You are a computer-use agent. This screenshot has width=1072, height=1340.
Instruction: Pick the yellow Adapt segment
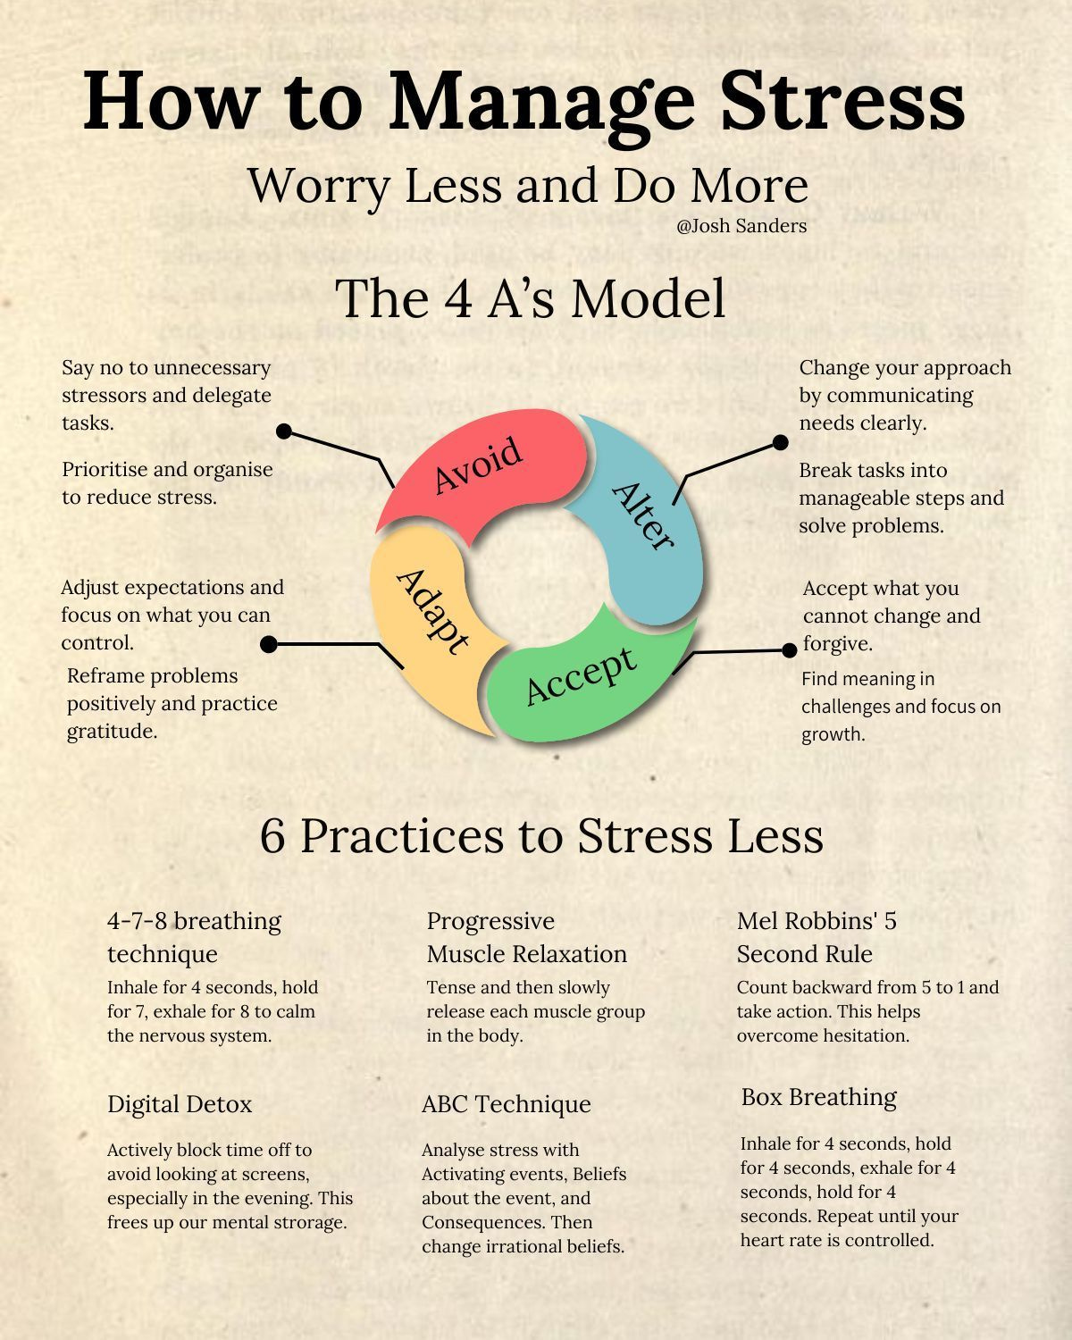[429, 616]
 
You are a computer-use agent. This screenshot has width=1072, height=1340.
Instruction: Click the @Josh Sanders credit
[741, 226]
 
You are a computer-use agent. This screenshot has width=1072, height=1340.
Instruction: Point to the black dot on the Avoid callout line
[284, 431]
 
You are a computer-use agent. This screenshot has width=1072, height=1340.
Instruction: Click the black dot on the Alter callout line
[780, 442]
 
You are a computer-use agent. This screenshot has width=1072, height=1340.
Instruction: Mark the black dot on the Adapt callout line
[268, 644]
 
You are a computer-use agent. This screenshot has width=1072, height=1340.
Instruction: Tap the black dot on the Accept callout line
[789, 650]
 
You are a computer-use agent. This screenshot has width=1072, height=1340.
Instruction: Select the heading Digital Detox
[180, 1104]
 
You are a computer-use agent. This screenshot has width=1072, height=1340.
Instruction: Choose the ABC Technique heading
[506, 1104]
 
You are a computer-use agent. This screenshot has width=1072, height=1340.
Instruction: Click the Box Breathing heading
[818, 1097]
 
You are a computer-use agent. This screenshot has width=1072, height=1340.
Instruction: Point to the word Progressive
[490, 921]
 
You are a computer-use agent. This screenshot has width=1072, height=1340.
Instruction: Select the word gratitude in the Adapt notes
[112, 732]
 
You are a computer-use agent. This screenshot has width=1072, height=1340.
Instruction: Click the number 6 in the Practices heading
[272, 836]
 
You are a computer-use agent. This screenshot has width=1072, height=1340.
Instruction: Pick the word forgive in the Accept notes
[837, 644]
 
